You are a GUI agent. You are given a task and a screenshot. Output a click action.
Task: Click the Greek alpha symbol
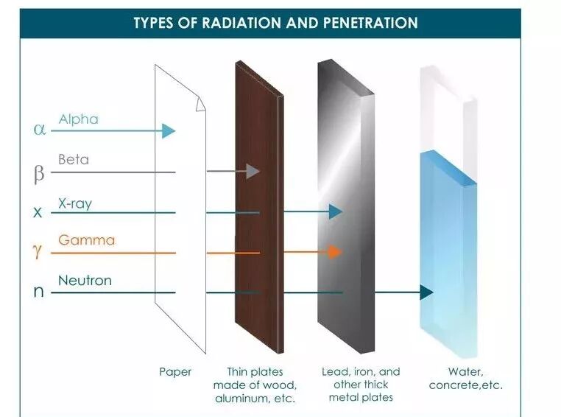(x=40, y=130)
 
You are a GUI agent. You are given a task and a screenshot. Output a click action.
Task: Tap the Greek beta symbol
(x=39, y=174)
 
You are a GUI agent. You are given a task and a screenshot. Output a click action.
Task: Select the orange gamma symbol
(x=38, y=252)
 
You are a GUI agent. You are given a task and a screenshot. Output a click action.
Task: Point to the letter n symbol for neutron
(x=39, y=292)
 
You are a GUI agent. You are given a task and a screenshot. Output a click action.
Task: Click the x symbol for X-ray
(x=38, y=213)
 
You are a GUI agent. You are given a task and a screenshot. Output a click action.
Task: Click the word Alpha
(x=78, y=119)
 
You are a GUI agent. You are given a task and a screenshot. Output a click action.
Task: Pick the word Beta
(x=74, y=159)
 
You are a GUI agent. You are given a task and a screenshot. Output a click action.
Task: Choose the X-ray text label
(x=75, y=203)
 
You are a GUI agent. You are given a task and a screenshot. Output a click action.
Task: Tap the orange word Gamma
(x=86, y=240)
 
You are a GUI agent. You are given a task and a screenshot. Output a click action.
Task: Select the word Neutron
(x=85, y=280)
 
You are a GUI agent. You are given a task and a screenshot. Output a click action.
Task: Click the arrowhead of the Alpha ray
(x=169, y=131)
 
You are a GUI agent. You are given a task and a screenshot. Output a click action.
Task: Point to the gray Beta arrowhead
(x=253, y=171)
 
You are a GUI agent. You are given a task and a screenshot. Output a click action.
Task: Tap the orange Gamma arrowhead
(x=335, y=252)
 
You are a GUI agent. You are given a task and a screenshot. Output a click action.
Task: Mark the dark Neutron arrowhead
(x=426, y=292)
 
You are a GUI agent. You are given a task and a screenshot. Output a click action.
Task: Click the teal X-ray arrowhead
(x=336, y=212)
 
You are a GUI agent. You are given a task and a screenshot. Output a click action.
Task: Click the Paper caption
(x=175, y=371)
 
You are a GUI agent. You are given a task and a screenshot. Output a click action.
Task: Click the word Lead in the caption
(x=336, y=371)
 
